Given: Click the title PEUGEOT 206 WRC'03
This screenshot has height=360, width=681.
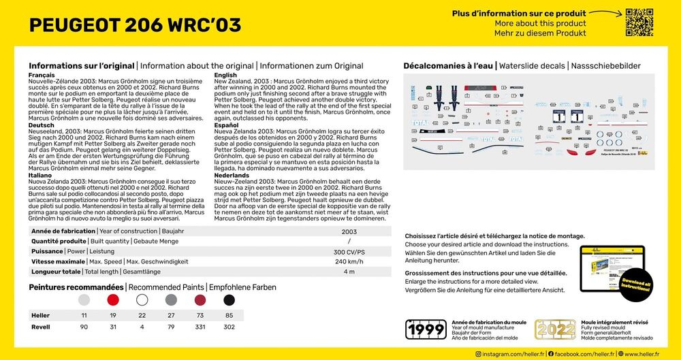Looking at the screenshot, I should coord(135,25).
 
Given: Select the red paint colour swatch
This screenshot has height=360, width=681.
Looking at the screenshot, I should coord(113,299).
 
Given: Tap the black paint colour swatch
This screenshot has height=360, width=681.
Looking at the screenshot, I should coord(229,299).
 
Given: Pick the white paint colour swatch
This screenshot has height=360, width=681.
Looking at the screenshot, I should coord(142,299).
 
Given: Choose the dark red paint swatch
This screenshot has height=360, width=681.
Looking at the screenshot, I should coord(200,299).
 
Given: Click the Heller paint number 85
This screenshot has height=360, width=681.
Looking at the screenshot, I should coord(229,316).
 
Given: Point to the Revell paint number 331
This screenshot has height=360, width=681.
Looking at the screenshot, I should coord(200,327).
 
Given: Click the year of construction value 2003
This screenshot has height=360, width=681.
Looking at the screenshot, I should coord(349,231).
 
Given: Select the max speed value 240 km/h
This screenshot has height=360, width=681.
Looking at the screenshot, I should coord(349,261).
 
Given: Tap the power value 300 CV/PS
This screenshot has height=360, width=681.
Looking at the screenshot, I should coord(349,251).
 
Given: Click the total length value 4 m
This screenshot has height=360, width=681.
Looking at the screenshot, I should coord(349,272).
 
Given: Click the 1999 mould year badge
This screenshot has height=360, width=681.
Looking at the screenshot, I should coord(426,329).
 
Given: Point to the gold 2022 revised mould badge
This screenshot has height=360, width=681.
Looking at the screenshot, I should coord(555,329).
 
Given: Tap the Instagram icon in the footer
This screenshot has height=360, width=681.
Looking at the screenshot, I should coord(478,354).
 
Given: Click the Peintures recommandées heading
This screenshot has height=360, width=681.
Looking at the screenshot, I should coord(76,287).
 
